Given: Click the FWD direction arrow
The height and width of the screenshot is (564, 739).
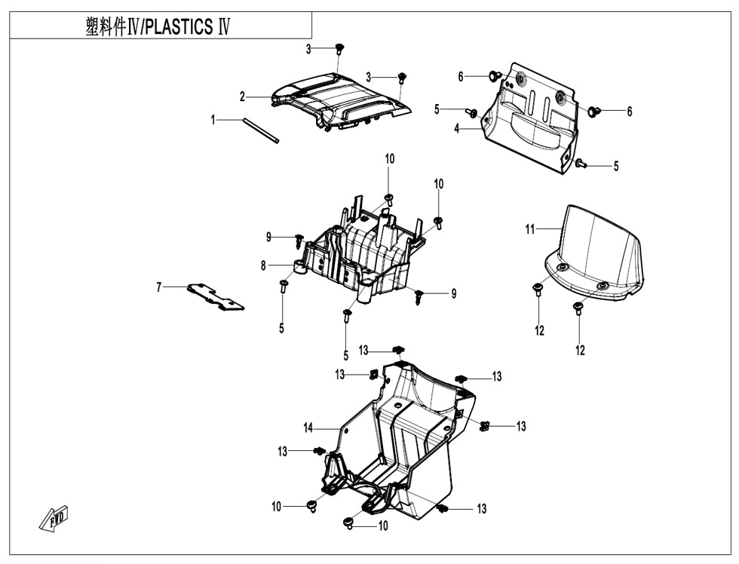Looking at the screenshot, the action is pos(54,520).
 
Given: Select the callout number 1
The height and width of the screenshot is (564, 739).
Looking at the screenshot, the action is pos(213,120).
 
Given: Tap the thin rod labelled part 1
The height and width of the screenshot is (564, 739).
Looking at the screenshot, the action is pos(261,130).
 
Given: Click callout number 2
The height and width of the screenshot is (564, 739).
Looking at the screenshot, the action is pos(242,97).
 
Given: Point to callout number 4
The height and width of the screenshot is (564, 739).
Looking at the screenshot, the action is pos(456,128).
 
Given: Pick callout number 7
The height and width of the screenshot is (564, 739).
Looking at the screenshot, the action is pos(159,287).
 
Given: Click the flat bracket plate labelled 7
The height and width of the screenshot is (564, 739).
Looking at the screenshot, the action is pos(216,296).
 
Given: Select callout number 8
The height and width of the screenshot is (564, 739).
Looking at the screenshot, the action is pos(263,265).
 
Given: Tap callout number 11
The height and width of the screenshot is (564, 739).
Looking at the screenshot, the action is pos(530,229).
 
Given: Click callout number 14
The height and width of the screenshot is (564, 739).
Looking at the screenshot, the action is pos(308,428).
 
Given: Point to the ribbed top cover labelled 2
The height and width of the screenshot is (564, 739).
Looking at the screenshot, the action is pos(342,100).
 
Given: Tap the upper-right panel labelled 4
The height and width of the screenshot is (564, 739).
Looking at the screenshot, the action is pos(529,118).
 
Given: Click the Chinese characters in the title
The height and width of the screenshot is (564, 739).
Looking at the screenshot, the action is pos(106,27).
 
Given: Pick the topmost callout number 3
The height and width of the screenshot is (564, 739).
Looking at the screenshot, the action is pos(308,49).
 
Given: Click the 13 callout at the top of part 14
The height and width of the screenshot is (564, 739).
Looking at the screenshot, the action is pos(363,351).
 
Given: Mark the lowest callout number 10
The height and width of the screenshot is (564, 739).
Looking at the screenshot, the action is pos(383,526).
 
